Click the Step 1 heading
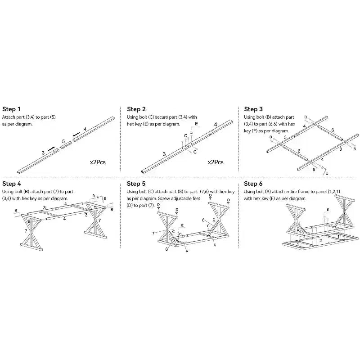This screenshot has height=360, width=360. (11, 109)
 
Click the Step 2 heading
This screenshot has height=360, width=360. (136, 109)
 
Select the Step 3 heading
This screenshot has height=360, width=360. (253, 109)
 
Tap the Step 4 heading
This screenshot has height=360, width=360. (12, 184)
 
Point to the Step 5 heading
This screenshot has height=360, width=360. (136, 184)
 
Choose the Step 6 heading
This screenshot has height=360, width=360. (253, 184)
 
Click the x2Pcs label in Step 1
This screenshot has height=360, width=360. (98, 162)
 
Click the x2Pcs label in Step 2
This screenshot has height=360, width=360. (216, 162)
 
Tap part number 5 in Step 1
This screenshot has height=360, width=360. (63, 141)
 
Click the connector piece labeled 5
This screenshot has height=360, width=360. (66, 145)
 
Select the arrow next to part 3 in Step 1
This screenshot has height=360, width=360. (51, 149)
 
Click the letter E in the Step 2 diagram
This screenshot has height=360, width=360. (196, 124)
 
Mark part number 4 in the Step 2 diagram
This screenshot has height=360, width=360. (216, 125)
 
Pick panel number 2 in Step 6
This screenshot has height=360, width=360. (320, 241)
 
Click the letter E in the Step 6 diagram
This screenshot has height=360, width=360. (328, 210)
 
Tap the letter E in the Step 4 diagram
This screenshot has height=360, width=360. (105, 198)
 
